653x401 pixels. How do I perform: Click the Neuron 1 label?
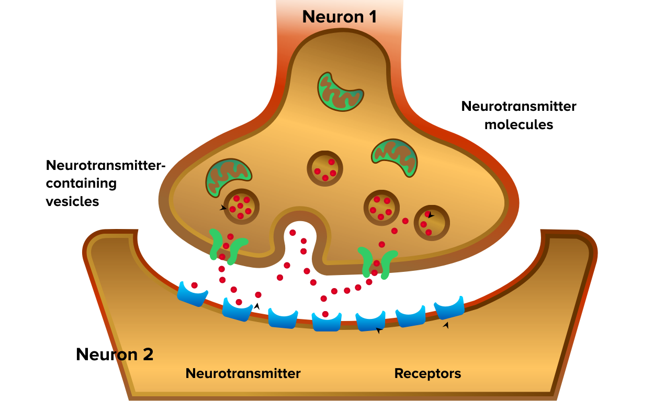coord(340,17)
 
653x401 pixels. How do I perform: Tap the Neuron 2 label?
coord(115,354)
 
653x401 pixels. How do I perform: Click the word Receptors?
coord(427,374)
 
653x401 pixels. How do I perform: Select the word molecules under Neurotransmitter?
coord(519,125)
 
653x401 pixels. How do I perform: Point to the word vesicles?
coord(73,201)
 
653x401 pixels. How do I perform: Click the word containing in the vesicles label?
coord(82,184)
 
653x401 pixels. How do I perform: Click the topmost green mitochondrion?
coord(341,92)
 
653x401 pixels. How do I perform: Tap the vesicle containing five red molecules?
coord(241,206)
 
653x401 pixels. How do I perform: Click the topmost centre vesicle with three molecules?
coord(325,168)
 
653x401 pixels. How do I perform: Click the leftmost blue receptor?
coord(192,295)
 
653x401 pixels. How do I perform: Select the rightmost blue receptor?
coord(449,308)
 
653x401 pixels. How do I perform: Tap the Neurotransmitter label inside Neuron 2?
coord(243,374)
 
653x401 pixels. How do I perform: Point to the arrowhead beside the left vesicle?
coord(223,208)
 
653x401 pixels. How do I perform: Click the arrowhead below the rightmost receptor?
coord(446,325)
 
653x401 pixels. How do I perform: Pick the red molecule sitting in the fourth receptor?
coord(325,314)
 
